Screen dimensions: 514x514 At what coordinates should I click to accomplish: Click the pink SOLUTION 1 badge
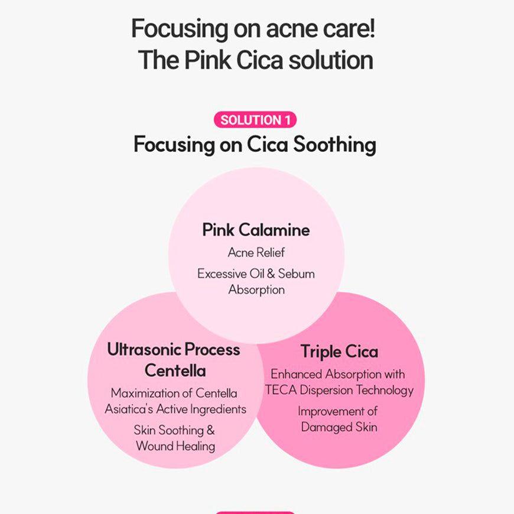coord(255,121)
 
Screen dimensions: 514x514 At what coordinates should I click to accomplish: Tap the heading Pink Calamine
coord(256,230)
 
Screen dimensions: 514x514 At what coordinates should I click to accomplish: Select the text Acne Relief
coord(256,253)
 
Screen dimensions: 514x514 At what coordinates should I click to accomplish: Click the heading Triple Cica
coord(339,352)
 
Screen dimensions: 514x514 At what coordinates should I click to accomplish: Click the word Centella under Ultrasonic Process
coord(175,371)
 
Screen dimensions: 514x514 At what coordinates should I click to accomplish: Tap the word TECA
coord(279,390)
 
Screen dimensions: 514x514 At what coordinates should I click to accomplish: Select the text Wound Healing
coord(175,446)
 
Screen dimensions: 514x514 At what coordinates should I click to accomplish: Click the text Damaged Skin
coord(339,427)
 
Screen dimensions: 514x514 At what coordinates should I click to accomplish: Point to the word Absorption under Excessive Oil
coord(256,289)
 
